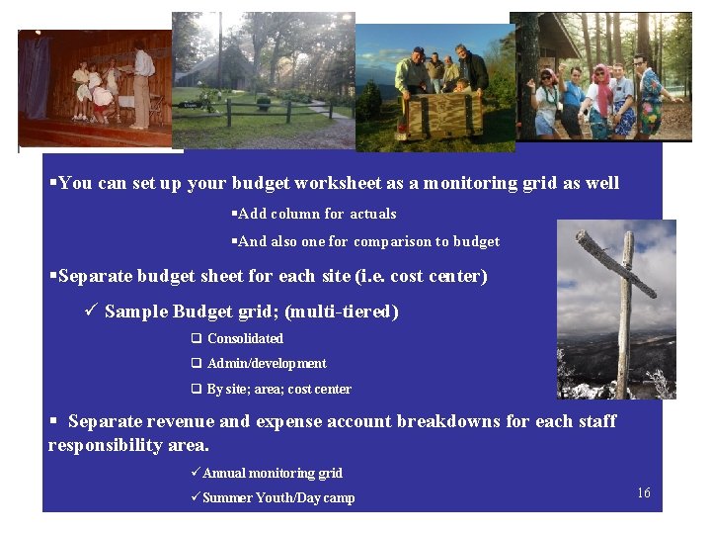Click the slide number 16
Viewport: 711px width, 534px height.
point(644,492)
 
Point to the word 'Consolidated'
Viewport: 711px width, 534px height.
point(245,338)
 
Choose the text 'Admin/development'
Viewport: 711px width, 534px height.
point(267,364)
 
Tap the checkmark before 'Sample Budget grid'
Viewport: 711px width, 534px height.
point(90,311)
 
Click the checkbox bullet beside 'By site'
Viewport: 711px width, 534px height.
point(197,390)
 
